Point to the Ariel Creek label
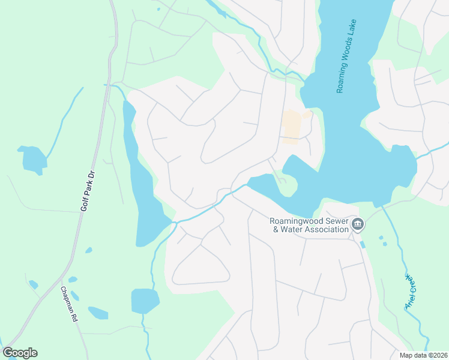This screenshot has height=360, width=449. [x=411, y=292]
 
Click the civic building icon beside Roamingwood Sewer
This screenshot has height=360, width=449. [x=358, y=225]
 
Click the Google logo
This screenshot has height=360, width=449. [x=20, y=353]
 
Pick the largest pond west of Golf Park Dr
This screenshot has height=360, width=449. [x=32, y=160]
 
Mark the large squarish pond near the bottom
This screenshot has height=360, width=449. [x=145, y=301]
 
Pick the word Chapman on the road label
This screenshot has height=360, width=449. [x=65, y=298]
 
